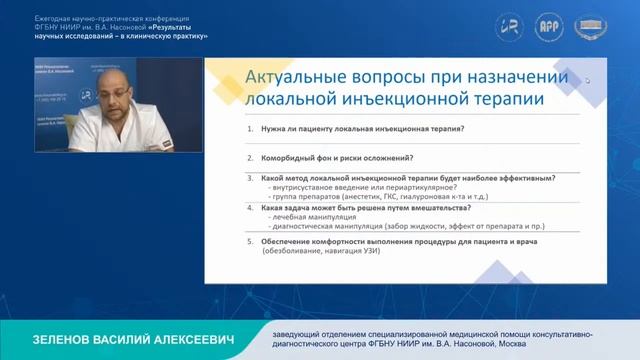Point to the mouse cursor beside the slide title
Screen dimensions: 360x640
point(588,81)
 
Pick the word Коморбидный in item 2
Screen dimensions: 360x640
point(293,158)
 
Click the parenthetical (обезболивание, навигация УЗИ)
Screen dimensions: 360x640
point(324,252)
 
